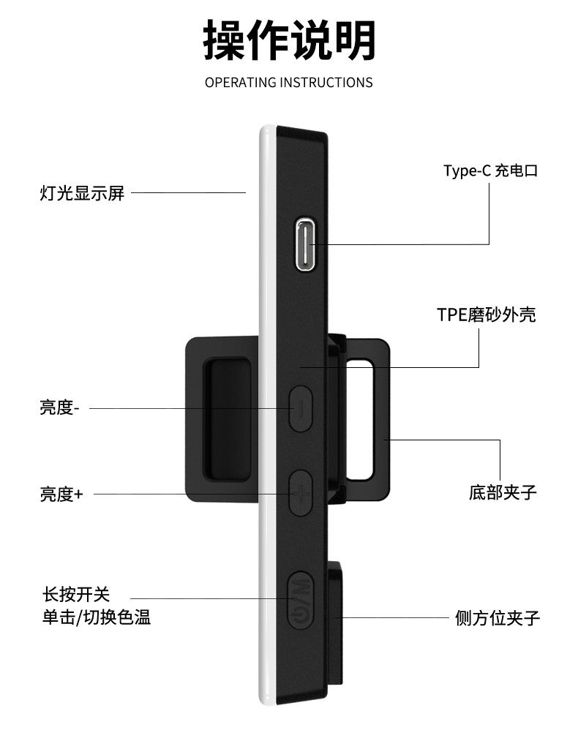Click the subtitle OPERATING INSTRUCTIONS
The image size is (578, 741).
click(288, 82)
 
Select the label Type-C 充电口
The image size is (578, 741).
click(490, 171)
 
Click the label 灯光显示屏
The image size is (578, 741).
click(82, 193)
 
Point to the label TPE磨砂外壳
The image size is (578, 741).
click(486, 315)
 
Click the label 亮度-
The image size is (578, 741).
click(59, 407)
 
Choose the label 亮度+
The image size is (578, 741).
click(61, 494)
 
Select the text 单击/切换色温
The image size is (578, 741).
click(96, 617)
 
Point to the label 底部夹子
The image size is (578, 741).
click(503, 492)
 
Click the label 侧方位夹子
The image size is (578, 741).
click(497, 618)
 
